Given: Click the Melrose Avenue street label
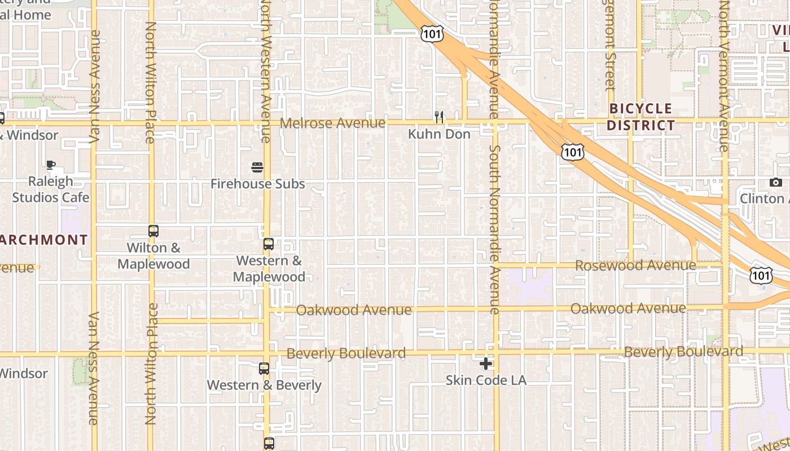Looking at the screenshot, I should [x=333, y=123].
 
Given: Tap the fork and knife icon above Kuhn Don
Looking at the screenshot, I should [x=439, y=117].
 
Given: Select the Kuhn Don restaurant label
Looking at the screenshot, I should [x=439, y=134].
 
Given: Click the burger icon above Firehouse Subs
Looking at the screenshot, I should [x=257, y=167].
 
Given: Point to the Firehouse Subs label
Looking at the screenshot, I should [x=257, y=184].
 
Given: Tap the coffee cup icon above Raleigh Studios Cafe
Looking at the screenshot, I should [x=51, y=165].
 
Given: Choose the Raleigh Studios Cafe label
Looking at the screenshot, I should [x=51, y=189].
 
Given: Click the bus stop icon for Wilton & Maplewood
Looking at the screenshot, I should [x=153, y=231].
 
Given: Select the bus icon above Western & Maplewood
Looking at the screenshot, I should [x=269, y=244].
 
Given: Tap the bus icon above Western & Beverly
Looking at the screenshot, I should [x=264, y=369].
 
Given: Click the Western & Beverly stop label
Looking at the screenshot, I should [x=264, y=386].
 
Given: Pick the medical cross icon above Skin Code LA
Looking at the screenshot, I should [x=485, y=364].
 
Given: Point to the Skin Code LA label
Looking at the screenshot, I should [x=486, y=381].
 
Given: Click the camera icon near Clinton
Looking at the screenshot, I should [x=776, y=182].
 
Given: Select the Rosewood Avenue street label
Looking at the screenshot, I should [x=635, y=265].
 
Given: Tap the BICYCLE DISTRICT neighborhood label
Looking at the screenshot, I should [x=641, y=117].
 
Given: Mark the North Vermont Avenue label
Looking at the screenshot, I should [x=724, y=76].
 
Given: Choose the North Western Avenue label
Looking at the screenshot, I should [x=266, y=70].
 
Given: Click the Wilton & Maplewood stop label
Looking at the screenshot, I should [x=153, y=256].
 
